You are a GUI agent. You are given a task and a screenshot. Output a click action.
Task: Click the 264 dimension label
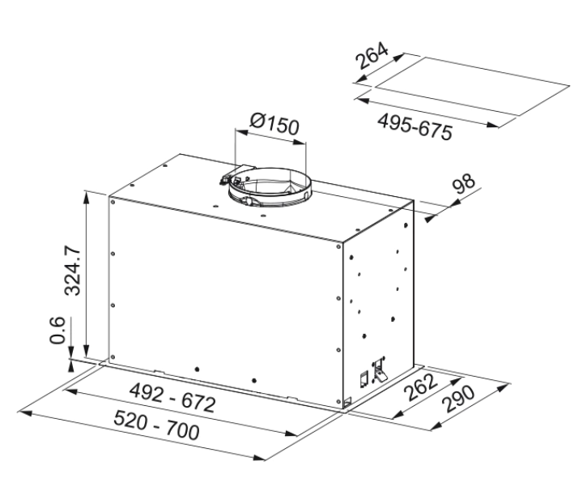click(x=372, y=55)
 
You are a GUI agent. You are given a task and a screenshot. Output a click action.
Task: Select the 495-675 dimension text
click(x=415, y=126)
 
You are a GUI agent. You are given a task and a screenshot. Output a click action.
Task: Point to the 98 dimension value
click(x=463, y=183)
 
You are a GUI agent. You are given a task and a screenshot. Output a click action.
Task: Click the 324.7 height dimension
click(x=73, y=270)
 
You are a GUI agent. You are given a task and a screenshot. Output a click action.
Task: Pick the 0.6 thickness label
click(x=57, y=330)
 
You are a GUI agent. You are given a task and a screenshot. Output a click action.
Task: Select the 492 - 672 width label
click(x=172, y=398)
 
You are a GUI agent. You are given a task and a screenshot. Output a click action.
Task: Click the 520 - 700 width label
click(x=156, y=425)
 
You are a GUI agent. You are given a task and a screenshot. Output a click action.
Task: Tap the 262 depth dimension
click(x=422, y=387)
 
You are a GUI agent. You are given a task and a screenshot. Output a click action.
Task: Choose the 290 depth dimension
click(x=457, y=399)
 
